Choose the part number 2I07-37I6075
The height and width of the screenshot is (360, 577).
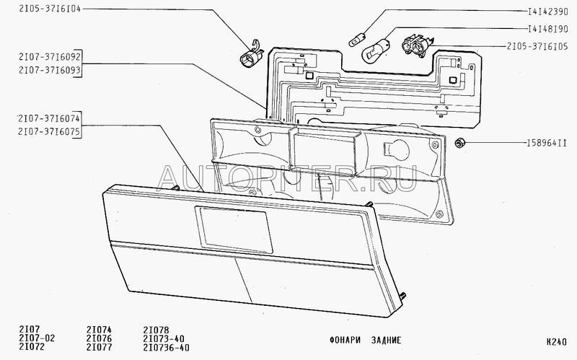pos(40,133)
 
